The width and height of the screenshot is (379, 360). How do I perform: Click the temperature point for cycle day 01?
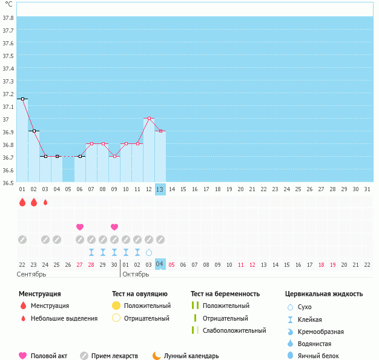pyautogui.click(x=22, y=99)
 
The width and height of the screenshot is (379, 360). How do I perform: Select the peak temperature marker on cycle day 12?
pyautogui.click(x=149, y=119)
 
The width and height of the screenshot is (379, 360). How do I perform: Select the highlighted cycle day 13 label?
pyautogui.click(x=160, y=189)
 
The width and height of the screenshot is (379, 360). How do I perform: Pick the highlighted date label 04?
pyautogui.click(x=160, y=264)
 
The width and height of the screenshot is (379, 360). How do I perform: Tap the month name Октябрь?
pyautogui.click(x=136, y=274)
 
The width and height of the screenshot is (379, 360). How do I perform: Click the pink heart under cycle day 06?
pyautogui.click(x=80, y=227)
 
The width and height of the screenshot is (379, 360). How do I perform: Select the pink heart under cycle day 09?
pyautogui.click(x=114, y=227)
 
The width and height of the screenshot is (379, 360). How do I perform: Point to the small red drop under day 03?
pyautogui.click(x=45, y=202)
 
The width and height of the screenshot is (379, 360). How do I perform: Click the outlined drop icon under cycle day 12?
pyautogui.click(x=149, y=252)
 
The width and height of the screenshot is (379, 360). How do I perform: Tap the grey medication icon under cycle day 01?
pyautogui.click(x=22, y=240)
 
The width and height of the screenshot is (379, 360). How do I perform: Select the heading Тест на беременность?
pyautogui.click(x=225, y=294)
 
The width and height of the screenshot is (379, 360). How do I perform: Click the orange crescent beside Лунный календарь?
pyautogui.click(x=157, y=356)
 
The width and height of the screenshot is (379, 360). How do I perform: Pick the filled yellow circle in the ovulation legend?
pyautogui.click(x=116, y=306)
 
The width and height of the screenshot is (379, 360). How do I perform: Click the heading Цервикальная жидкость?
pyautogui.click(x=324, y=294)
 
